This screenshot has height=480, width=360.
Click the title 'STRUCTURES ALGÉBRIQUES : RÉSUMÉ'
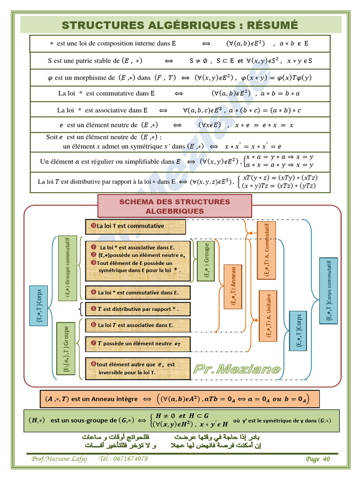coord(180,25)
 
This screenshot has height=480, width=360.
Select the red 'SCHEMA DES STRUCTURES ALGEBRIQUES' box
coord(174,206)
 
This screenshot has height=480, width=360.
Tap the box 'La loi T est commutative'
coord(135,226)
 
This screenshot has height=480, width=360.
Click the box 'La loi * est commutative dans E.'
coord(138,292)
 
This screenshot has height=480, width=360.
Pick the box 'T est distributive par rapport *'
coord(138,309)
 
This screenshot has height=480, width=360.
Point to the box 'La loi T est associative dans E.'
coord(138,325)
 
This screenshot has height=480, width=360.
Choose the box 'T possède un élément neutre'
coord(138,344)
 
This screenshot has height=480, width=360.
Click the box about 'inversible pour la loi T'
coord(138,368)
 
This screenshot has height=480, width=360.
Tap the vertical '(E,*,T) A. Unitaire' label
coord(268,315)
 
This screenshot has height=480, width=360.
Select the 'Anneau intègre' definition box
coord(180,399)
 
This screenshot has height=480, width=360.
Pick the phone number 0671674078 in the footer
coord(130,459)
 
